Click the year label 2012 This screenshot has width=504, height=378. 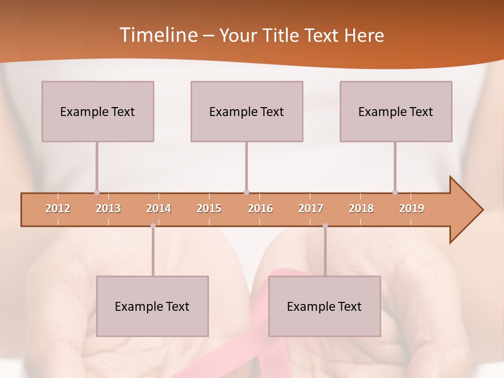pyautogui.click(x=58, y=208)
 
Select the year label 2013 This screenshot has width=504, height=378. pyautogui.click(x=108, y=208)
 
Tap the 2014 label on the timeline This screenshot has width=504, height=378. pyautogui.click(x=159, y=208)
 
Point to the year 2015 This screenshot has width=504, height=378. pyautogui.click(x=209, y=208)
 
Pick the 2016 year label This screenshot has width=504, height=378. pyautogui.click(x=260, y=208)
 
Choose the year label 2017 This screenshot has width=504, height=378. pyautogui.click(x=311, y=208)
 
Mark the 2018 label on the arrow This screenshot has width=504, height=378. pyautogui.click(x=361, y=208)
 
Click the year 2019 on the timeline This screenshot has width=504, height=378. pyautogui.click(x=412, y=208)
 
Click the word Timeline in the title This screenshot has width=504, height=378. pyautogui.click(x=157, y=35)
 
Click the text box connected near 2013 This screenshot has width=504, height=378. pyautogui.click(x=98, y=111)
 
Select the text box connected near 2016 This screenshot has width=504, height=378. pyautogui.click(x=247, y=111)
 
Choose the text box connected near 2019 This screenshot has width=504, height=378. pyautogui.click(x=396, y=111)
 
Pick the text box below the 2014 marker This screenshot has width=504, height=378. pyautogui.click(x=152, y=306)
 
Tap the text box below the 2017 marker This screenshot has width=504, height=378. pyautogui.click(x=324, y=306)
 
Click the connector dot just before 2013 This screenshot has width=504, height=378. pyautogui.click(x=97, y=192)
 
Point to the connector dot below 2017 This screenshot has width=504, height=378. pyautogui.click(x=325, y=226)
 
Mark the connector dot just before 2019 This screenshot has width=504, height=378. pyautogui.click(x=395, y=192)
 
